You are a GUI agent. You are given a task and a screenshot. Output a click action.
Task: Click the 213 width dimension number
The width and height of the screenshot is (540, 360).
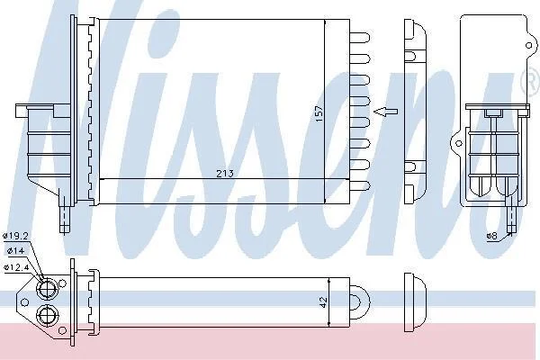click(x=225, y=174)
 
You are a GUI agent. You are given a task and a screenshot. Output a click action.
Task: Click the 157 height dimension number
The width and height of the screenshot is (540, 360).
click(x=319, y=113)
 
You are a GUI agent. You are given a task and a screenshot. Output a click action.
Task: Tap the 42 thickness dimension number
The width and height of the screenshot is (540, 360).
click(x=323, y=302)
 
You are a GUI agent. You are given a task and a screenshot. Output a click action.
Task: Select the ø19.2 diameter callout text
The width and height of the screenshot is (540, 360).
click(x=15, y=236)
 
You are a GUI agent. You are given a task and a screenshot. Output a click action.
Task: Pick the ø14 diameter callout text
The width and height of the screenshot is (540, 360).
click(x=15, y=251)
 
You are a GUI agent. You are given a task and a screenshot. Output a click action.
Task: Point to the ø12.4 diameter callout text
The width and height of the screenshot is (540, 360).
click(x=16, y=267)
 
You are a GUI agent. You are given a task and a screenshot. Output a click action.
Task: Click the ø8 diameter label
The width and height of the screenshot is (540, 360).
click(x=492, y=236)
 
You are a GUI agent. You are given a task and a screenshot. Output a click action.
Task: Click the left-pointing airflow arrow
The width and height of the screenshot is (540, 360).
click(x=386, y=112)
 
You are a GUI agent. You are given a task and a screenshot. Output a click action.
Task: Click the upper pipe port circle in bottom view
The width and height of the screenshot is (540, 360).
click(x=47, y=289)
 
